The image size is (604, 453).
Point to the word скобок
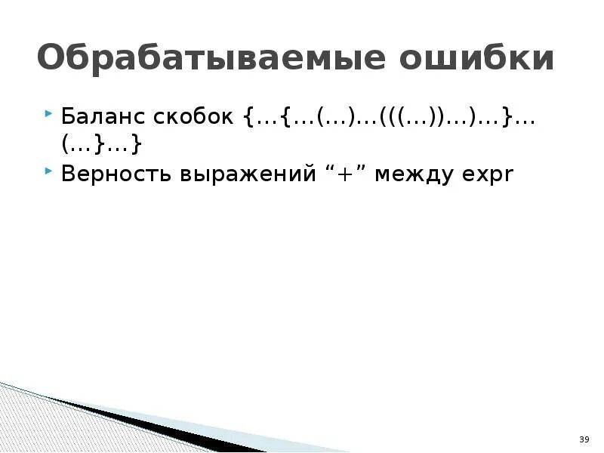coord(198,119)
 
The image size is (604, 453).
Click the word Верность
coord(117,174)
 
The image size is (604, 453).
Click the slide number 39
coord(583,439)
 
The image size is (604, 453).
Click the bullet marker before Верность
coord(49,173)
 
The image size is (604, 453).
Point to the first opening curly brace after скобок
coord(249,119)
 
